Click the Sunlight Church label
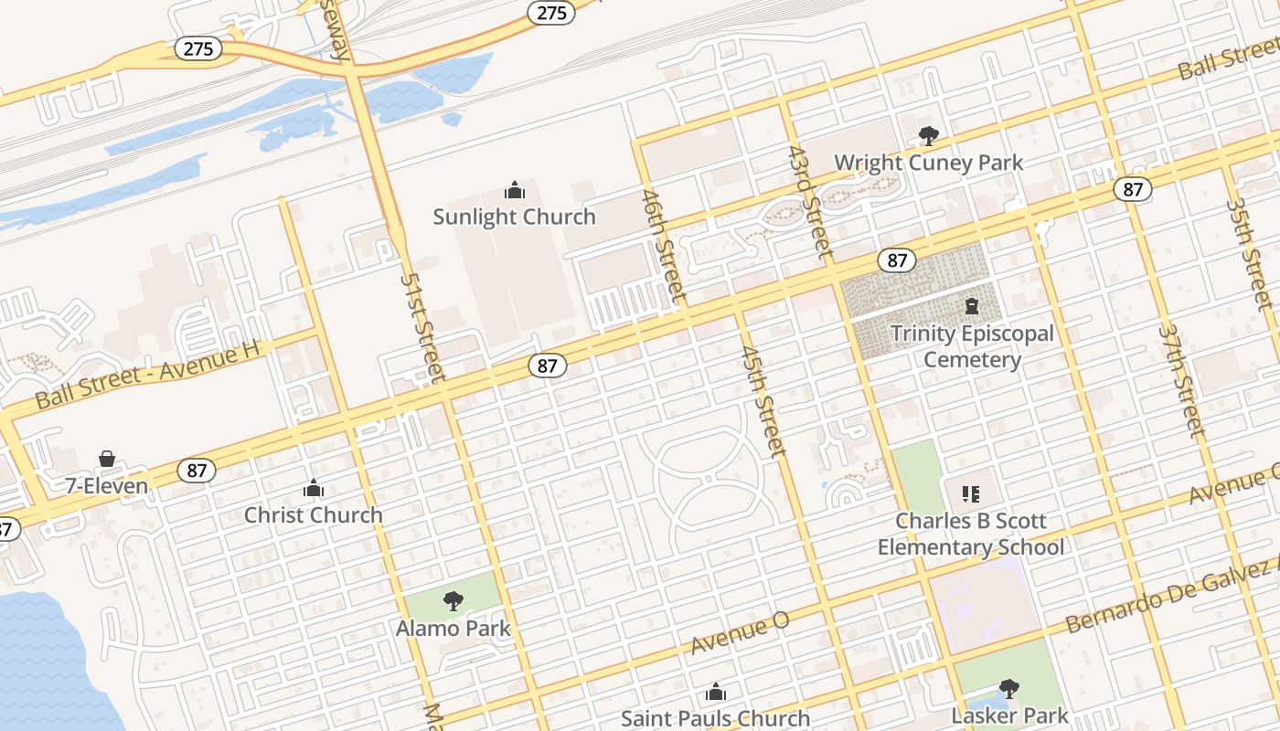click(514, 217)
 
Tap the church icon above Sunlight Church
click(515, 190)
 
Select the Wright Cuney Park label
click(928, 163)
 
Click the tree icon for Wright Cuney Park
click(929, 136)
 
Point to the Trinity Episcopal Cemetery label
click(972, 346)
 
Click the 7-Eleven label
click(107, 485)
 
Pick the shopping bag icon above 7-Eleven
click(107, 459)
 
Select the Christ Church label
click(314, 514)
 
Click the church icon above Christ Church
click(314, 489)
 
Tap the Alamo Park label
click(453, 628)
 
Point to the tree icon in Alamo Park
click(453, 601)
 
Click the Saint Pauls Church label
click(715, 718)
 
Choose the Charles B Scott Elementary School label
click(971, 534)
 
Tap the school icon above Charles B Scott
click(971, 494)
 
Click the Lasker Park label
click(1010, 715)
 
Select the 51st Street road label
click(423, 326)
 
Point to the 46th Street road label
click(663, 245)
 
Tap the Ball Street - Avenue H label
click(148, 375)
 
